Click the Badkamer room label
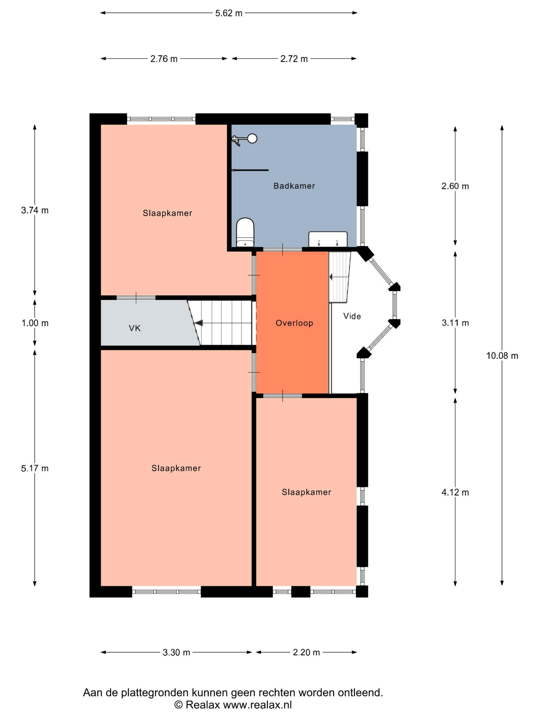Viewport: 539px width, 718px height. click(x=294, y=186)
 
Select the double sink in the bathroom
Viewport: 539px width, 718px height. click(x=328, y=239)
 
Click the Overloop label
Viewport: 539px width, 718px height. click(x=294, y=323)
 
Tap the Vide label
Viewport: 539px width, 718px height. click(x=352, y=316)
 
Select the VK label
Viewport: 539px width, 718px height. click(x=135, y=328)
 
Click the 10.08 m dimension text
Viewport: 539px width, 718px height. click(x=502, y=356)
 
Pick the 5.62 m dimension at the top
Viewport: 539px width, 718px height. click(x=229, y=13)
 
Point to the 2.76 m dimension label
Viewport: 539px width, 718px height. click(x=164, y=59)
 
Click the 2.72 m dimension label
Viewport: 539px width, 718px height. click(x=294, y=59)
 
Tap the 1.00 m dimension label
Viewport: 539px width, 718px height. click(x=35, y=323)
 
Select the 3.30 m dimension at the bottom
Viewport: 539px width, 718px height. click(x=176, y=652)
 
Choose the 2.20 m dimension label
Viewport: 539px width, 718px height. click(x=306, y=652)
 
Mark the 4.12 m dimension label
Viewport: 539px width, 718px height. click(x=455, y=492)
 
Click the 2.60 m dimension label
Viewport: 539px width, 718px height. click(x=455, y=186)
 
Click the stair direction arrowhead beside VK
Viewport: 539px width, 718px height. click(x=198, y=323)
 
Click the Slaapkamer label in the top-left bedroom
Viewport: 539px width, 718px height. click(x=167, y=213)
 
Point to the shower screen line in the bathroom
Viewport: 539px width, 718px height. click(x=250, y=170)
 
